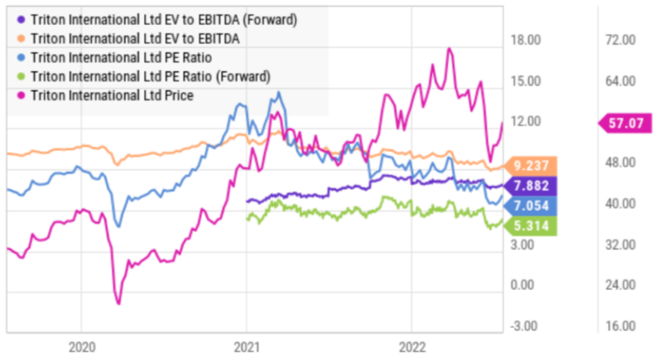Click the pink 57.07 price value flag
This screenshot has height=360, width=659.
[625, 123]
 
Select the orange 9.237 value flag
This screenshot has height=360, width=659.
[530, 166]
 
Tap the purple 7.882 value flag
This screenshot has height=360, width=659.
[530, 186]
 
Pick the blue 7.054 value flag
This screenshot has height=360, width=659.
[530, 205]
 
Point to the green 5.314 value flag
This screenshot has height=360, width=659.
[530, 226]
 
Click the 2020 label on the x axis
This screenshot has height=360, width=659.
[82, 347]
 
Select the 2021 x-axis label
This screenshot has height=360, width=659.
[247, 347]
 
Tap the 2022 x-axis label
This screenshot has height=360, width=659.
[412, 347]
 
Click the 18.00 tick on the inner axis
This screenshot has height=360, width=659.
[526, 40]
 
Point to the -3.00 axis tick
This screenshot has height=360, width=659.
[524, 326]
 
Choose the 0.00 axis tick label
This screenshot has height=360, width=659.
[522, 285]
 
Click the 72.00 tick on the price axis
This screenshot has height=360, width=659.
[620, 40]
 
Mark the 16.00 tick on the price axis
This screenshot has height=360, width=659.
[620, 326]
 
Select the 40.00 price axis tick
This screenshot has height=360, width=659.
[620, 203]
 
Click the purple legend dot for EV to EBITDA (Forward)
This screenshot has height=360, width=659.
[21, 20]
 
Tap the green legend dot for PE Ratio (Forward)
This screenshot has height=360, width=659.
[21, 77]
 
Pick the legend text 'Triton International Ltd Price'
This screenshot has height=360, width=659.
[112, 95]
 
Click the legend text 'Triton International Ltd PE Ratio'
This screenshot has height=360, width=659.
[121, 58]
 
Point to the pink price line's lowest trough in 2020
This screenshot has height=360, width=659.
[119, 303]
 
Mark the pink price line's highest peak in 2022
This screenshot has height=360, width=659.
[449, 49]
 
